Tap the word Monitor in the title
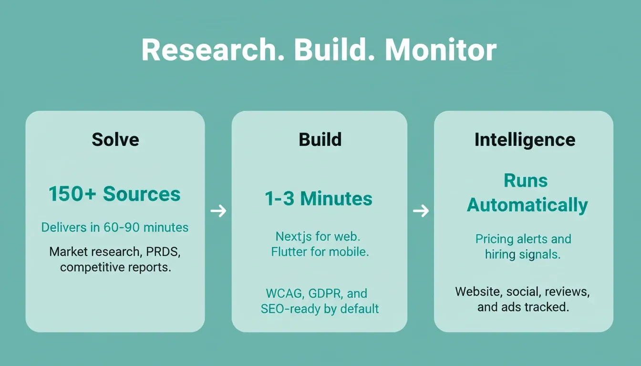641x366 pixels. tap(441, 50)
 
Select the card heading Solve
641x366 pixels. tap(115, 140)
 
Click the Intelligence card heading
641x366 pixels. tap(525, 140)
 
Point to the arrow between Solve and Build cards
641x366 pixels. tap(218, 211)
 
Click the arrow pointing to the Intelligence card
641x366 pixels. tap(421, 211)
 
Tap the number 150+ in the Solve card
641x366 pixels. tap(72, 194)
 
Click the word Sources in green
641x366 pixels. tap(142, 194)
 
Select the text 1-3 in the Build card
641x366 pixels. tap(279, 198)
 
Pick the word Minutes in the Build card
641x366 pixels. tap(336, 198)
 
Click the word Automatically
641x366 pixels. tap(527, 205)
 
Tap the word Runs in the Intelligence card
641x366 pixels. tap(526, 181)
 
